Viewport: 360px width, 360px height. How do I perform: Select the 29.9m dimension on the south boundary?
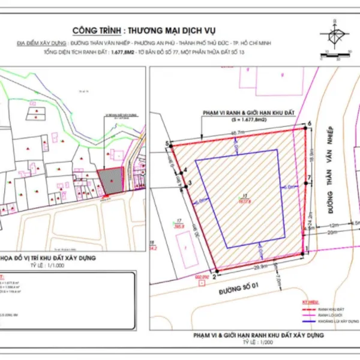pos(260,266)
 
